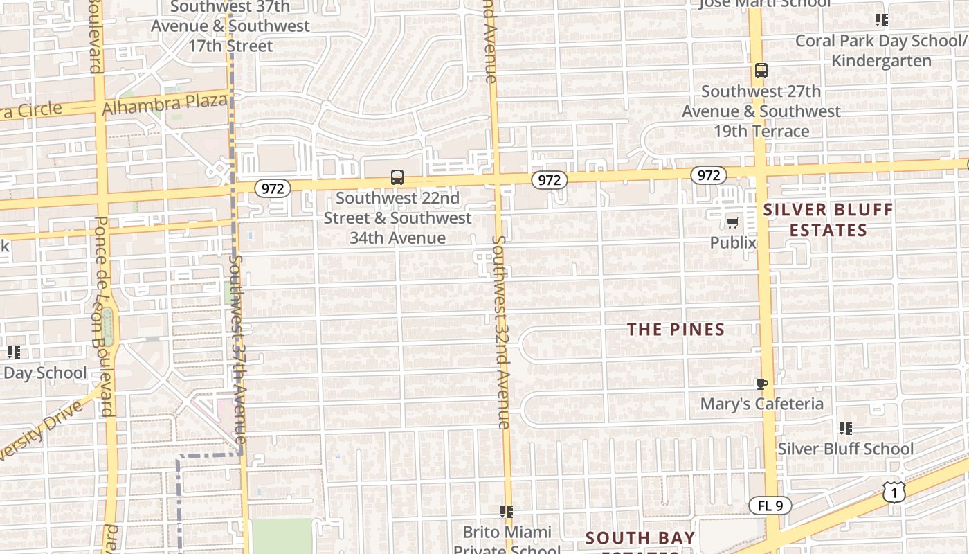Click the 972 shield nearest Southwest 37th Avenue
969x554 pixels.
[273, 188]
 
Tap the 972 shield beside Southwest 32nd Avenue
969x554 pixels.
[549, 180]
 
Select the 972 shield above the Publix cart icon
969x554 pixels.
[708, 175]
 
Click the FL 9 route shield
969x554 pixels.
[770, 506]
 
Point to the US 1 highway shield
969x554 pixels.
[895, 491]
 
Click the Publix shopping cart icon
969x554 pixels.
[733, 222]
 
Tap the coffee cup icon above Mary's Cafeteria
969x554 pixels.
[761, 384]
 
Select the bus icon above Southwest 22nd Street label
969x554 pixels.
[397, 177]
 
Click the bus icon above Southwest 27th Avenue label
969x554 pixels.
[761, 71]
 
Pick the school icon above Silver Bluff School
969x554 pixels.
[845, 429]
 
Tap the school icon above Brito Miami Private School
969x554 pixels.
[507, 512]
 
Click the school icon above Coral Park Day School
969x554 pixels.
[881, 20]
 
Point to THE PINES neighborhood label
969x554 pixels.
[676, 330]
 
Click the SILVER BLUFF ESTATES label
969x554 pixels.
[828, 220]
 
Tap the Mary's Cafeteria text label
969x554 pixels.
[761, 404]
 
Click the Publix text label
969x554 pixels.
[733, 243]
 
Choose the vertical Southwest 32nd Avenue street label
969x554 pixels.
[501, 332]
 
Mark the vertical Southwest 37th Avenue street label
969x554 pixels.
[237, 350]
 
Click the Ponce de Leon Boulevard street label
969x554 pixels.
[102, 316]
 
